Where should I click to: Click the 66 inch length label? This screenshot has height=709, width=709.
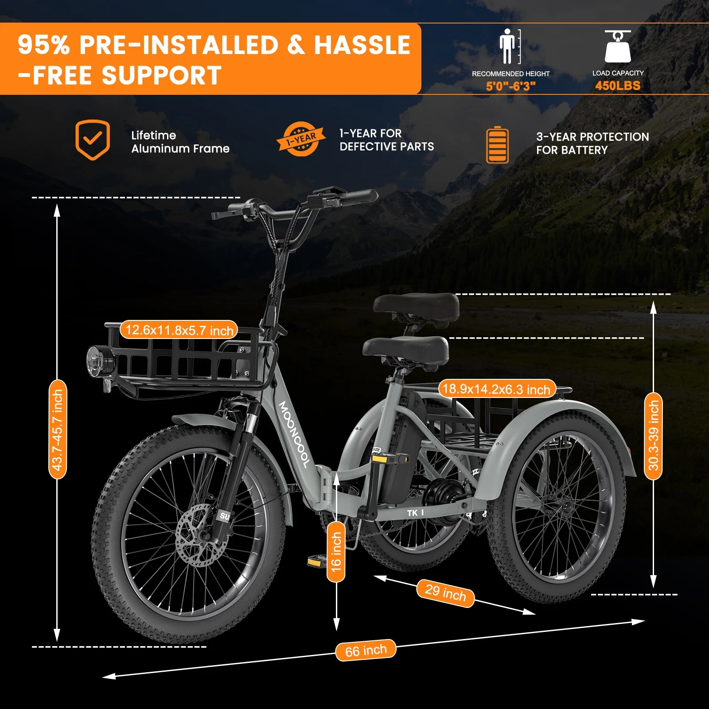point(366,651)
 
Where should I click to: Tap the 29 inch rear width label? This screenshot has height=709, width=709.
point(445,593)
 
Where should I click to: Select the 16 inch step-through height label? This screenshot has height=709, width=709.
point(336,551)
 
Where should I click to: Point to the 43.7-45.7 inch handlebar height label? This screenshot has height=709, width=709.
point(58,429)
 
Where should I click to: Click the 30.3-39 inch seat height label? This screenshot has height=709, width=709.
point(653,436)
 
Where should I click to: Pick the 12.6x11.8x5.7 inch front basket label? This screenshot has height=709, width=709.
point(179,330)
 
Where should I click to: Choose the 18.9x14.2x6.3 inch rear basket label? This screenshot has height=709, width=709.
point(496,389)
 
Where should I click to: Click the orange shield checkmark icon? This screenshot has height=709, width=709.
point(93,140)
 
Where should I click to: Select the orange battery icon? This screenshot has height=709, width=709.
point(497,145)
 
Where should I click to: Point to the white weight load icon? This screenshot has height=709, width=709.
point(618,46)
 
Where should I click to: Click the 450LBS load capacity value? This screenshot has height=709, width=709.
point(618,86)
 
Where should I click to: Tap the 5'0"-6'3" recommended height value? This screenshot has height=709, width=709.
point(511,86)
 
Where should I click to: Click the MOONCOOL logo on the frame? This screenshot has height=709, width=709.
point(294,434)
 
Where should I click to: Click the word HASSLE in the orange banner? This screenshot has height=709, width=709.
point(362,45)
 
